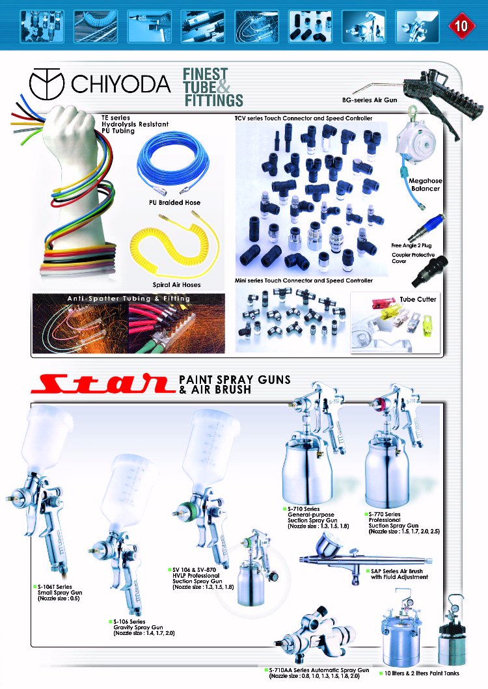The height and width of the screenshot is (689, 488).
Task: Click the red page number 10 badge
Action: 460,25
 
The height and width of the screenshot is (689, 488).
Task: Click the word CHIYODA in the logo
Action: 120,83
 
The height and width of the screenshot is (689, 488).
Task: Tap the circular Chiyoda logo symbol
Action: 47,83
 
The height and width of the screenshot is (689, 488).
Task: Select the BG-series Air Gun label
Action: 370,100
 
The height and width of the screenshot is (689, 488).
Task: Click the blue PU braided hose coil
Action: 173,164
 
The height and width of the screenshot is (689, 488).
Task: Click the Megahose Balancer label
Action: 425,185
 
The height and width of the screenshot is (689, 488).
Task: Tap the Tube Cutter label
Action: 418,299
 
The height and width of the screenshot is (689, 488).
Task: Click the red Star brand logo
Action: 102,383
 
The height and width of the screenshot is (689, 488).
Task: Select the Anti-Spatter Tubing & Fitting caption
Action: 128,299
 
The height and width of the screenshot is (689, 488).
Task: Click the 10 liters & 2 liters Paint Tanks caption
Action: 422,673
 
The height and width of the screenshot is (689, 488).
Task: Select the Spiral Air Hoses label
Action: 176,285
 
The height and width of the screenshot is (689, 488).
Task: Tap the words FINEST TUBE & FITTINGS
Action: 213,87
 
